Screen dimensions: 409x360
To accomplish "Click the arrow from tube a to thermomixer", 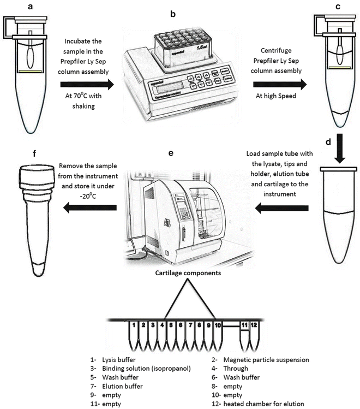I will click(x=88, y=85).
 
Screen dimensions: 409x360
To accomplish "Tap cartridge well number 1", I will click(x=134, y=326).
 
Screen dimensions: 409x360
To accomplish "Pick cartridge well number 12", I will click(x=254, y=326).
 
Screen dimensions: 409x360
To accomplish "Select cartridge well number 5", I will click(x=171, y=326).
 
